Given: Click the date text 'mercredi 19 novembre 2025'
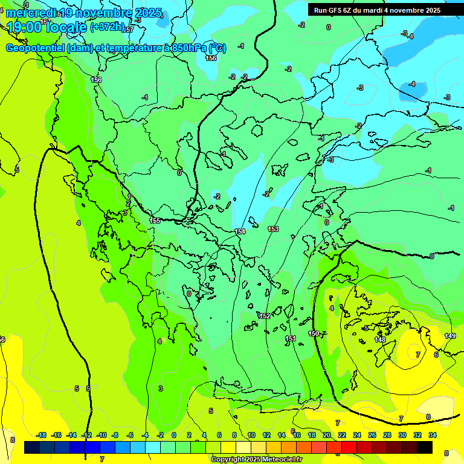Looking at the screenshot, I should point(85,13).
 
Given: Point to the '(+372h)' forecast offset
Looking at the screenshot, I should point(108,28).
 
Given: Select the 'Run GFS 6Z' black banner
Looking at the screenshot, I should point(377,10).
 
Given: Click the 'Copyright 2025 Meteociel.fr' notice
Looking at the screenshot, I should point(256,459).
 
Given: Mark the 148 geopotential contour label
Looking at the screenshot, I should point(380,340).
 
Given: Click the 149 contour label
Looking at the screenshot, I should point(450,336).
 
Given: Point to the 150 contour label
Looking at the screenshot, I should point(314,333).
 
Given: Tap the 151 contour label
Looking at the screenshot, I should point(291,338).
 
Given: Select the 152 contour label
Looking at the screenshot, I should point(265,316).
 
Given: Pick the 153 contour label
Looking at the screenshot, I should point(273,229).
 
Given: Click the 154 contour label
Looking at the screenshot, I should point(240,231).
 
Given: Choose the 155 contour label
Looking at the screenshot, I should point(155,221).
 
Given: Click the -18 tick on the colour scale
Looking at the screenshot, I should point(42,435).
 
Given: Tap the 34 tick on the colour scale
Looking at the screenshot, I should point(433,435).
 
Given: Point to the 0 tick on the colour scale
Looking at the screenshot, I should point(174,435).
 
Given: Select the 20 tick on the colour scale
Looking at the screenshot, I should point(326,435).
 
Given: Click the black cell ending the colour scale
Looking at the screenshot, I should point(425,447).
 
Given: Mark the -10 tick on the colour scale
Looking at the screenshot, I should point(101,435).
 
